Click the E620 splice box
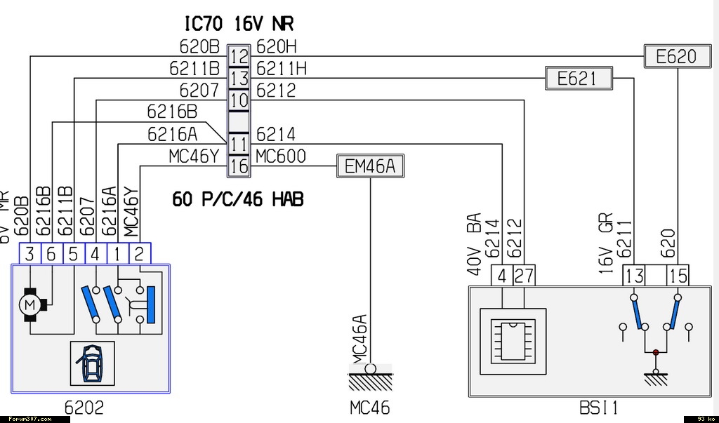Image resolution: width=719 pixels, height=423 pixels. (x=675, y=56)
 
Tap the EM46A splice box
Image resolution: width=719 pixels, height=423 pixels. (x=371, y=166)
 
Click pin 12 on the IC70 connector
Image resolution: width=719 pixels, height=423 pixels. (x=239, y=56)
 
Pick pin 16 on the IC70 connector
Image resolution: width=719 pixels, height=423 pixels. (x=239, y=166)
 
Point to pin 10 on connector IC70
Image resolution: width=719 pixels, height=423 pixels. (x=239, y=100)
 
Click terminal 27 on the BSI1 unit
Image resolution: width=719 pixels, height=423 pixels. (x=523, y=276)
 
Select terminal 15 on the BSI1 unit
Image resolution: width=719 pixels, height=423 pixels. (x=678, y=276)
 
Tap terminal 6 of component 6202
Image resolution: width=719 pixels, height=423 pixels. (x=51, y=254)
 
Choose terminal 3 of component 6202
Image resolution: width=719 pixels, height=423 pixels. (x=29, y=254)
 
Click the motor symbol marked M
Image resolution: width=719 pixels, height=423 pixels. (x=29, y=304)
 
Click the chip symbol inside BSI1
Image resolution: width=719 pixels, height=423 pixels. (x=513, y=339)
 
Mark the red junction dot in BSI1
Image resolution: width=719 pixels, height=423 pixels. (x=656, y=352)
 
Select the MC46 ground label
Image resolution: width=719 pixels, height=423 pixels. (x=369, y=408)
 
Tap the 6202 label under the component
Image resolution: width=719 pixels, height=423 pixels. (x=84, y=408)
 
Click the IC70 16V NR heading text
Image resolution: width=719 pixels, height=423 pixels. (x=239, y=24)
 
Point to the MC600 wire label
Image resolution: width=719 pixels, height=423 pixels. (x=281, y=156)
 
